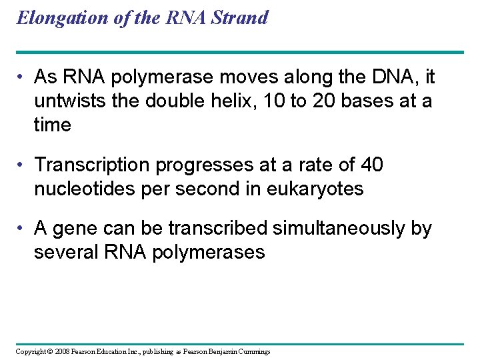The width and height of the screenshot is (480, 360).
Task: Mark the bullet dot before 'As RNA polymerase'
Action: pos(22,78)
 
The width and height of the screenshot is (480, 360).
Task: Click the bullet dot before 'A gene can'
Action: pos(22,229)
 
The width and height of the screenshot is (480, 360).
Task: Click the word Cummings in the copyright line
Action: pos(252,351)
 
